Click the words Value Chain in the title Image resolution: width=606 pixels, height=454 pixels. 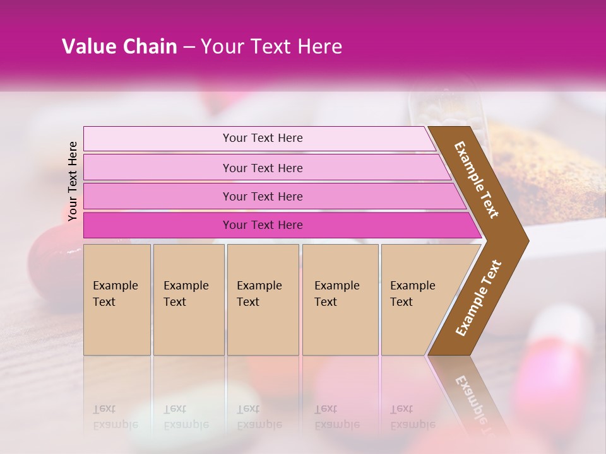click(119, 47)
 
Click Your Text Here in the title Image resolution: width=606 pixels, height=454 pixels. click(271, 47)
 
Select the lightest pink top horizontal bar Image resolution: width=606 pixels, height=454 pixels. click(158, 139)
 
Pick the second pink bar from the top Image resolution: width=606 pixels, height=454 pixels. click(158, 168)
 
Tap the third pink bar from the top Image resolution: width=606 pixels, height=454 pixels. click(158, 196)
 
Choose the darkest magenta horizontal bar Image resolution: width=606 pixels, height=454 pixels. click(158, 225)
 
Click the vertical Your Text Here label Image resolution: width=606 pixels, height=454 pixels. click(73, 181)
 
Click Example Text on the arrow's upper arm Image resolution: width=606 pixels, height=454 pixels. click(477, 180)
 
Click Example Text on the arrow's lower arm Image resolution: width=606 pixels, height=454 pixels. click(478, 298)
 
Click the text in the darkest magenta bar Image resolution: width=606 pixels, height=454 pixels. click(263, 225)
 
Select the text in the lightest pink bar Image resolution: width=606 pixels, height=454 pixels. click(263, 138)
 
